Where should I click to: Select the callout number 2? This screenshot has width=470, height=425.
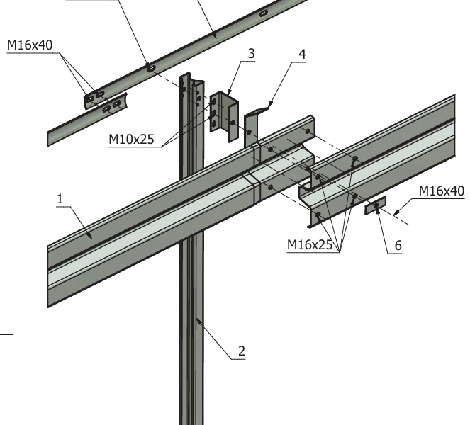(241, 350)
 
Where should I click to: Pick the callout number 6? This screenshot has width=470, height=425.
(398, 245)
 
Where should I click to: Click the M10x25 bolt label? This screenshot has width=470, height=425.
(131, 139)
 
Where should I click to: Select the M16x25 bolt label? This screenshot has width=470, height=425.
(310, 245)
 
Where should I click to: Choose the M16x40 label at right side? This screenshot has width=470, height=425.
(441, 191)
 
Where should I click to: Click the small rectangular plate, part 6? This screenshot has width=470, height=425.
(375, 206)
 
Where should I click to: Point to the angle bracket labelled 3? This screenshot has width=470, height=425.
(227, 113)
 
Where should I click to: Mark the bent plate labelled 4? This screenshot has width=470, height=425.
(251, 127)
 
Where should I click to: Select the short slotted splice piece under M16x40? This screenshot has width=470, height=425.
(106, 103)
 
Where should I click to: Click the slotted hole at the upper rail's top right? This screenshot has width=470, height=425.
(263, 13)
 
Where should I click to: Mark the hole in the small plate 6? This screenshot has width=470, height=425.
(375, 206)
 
